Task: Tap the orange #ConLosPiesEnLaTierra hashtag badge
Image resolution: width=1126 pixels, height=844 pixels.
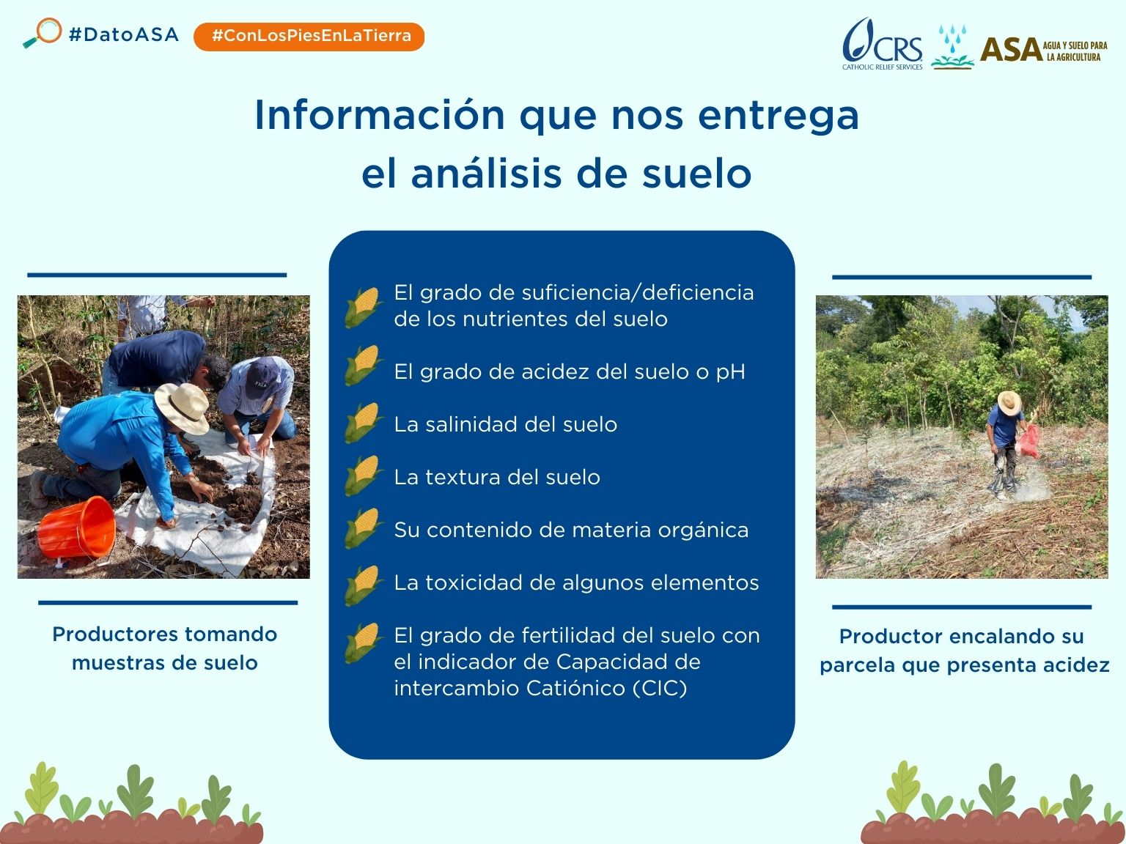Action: (309, 36)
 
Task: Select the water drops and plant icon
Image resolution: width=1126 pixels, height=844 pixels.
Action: (952, 47)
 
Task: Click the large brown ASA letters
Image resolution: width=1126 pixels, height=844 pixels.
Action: (1010, 50)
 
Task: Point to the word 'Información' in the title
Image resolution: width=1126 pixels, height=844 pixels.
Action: (380, 115)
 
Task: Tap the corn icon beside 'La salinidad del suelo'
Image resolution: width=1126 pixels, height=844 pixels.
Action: (364, 424)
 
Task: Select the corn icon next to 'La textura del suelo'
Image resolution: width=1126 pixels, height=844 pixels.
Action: (364, 477)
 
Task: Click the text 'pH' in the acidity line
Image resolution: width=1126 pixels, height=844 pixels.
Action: (730, 372)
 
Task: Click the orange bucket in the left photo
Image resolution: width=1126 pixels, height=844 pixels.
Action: (76, 527)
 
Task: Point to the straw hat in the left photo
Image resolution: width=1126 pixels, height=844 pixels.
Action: (183, 407)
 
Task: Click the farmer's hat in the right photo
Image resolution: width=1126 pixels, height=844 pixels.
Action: (1009, 402)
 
